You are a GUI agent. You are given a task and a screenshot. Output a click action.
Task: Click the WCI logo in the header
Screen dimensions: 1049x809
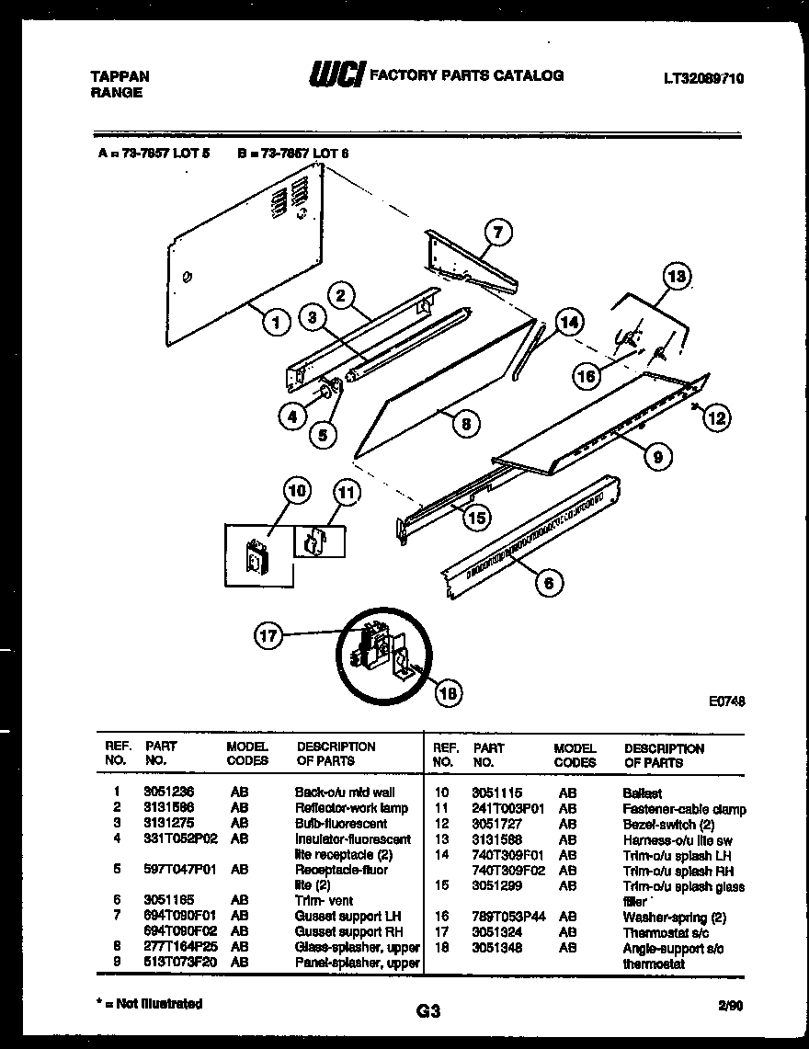pos(335,75)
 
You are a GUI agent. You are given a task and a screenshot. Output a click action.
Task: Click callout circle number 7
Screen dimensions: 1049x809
pos(496,234)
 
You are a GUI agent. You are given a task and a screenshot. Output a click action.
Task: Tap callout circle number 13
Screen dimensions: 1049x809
pos(677,276)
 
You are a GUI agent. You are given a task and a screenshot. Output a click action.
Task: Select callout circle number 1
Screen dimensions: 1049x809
pos(274,321)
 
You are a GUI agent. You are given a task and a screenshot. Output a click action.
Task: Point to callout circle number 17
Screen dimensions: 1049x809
pos(268,635)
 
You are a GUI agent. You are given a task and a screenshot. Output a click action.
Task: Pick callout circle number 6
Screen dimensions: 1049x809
pos(548,580)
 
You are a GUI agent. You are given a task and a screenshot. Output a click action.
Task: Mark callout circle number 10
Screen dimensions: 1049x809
pos(297,491)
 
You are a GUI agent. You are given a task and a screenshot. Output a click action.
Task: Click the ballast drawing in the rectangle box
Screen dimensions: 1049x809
pos(256,557)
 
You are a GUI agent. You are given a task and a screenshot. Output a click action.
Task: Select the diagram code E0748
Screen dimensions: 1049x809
pos(726,701)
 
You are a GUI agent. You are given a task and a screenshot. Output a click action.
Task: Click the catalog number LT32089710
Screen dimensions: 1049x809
pos(703,79)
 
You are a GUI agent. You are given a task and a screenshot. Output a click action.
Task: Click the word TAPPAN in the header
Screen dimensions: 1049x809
pos(120,76)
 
